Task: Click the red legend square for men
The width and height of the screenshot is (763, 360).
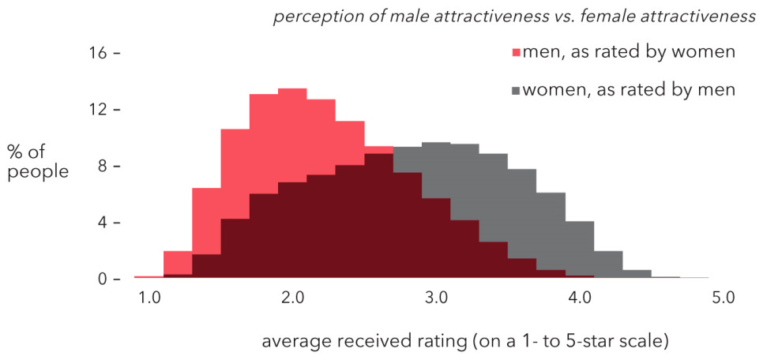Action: [517, 53]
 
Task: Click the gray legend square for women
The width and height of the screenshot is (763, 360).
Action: [517, 91]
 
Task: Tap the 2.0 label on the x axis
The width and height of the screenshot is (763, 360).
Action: [292, 298]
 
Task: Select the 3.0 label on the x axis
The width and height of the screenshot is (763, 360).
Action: [436, 298]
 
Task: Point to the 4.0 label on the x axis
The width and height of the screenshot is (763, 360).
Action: [580, 298]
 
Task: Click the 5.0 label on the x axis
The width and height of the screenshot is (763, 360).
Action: [723, 298]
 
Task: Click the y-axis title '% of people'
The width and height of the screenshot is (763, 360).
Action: [38, 160]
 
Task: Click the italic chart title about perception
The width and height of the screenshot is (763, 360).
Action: [513, 17]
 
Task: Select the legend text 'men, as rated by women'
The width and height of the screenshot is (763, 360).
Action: [630, 53]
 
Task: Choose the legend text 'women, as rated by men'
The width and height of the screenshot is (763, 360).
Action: [630, 91]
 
